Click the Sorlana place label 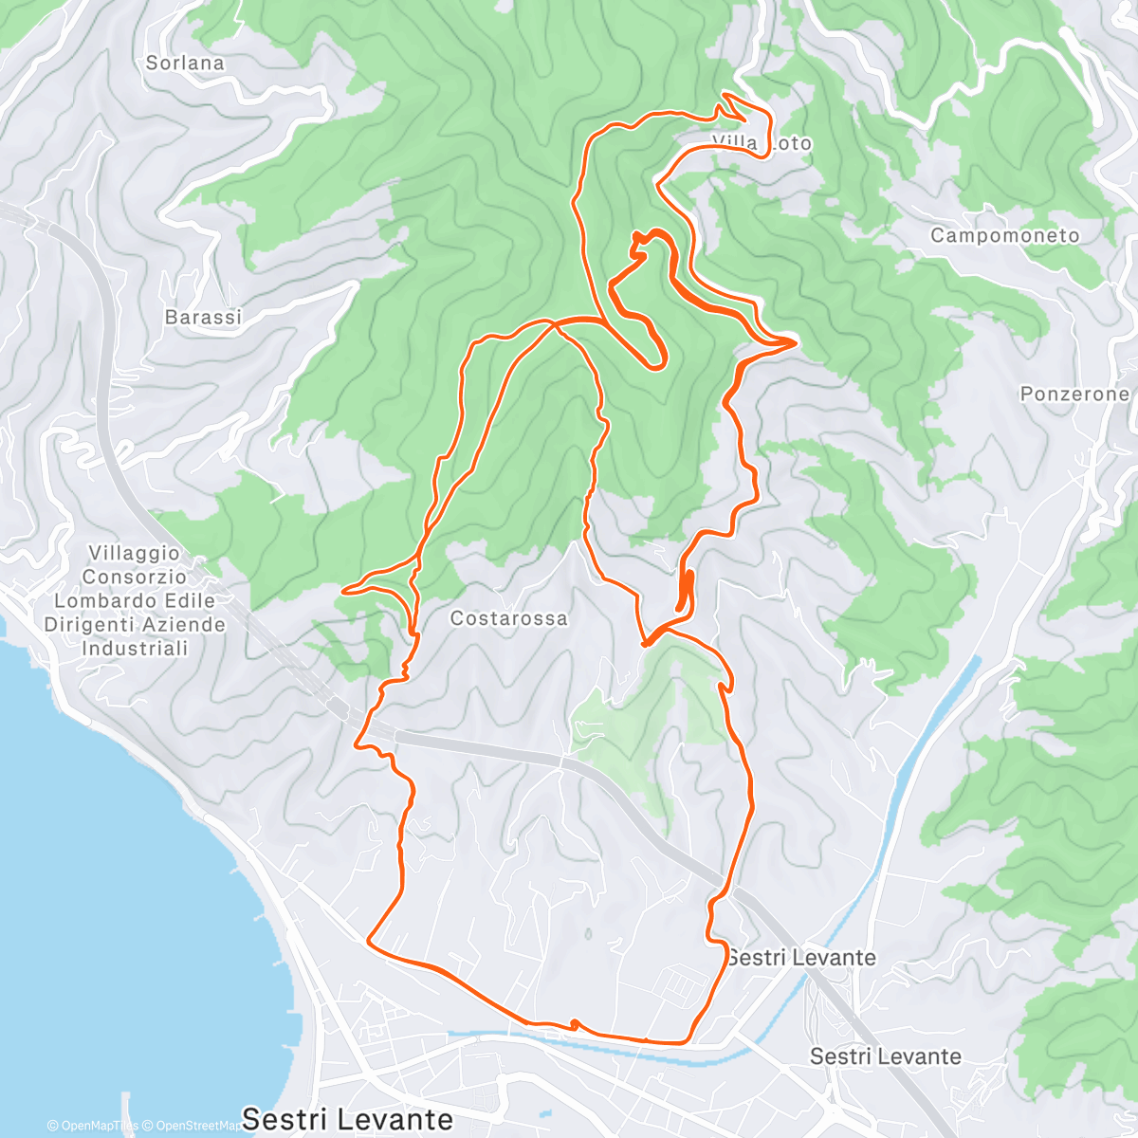coord(185,64)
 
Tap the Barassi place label coord(203,318)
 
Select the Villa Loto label coord(762,143)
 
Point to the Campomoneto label coord(1004,235)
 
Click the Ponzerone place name coord(1074,394)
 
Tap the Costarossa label coord(508,618)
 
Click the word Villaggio coord(134,553)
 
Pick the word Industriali coord(134,649)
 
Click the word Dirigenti coord(88,625)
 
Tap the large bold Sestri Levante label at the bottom coord(346,1119)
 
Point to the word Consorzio coord(134,577)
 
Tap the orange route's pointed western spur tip coord(343,590)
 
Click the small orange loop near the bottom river coord(574,1024)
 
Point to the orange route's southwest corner coord(368,941)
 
